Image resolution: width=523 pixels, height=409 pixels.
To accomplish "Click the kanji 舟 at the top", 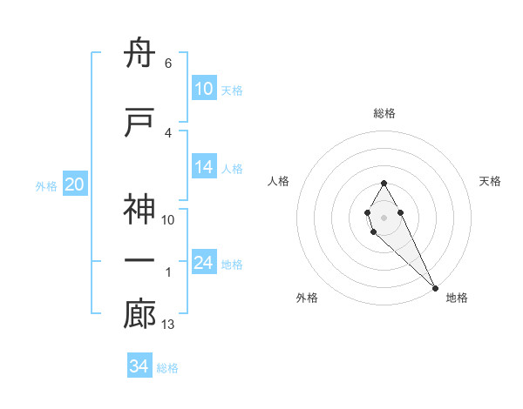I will coord(139,54).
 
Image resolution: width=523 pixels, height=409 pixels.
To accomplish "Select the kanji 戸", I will coord(139,123).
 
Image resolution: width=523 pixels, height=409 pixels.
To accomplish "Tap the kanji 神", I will coord(139,211).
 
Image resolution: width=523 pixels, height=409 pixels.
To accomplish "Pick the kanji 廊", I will coord(139,315).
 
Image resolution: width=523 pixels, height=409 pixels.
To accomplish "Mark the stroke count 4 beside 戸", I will coord(167,132).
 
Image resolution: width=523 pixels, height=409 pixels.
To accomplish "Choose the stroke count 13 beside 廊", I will coord(169,325).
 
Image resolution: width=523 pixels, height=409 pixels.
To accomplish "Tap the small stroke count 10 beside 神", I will coord(168,220).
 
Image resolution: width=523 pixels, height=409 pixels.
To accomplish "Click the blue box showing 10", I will coord(203,89).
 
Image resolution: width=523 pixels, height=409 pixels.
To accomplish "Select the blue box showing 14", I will coord(203,167).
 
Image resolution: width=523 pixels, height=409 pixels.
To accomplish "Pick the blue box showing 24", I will coord(203,263).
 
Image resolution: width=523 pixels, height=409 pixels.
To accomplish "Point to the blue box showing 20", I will coord(75,184).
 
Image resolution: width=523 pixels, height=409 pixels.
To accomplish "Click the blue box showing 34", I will coord(139,366).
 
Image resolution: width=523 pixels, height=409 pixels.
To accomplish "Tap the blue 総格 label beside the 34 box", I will coord(167,368).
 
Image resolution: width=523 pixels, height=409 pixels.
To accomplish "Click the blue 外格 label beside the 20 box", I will coord(46,185).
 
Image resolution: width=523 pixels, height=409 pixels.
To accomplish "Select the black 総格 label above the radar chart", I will coord(384,113).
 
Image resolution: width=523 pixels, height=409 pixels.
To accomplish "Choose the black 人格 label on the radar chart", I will coord(278,181).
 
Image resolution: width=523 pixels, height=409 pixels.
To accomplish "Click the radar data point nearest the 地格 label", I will coord(435,287).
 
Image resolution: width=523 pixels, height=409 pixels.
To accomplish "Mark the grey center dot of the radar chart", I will coord(384,215).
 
